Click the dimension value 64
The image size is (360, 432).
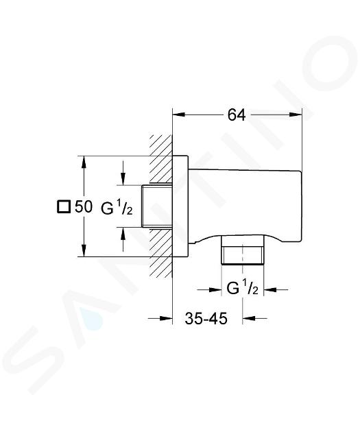click(237, 115)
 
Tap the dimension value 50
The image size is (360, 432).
click(83, 206)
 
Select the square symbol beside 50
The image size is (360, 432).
click(63, 206)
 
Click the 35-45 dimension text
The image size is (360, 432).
click(206, 318)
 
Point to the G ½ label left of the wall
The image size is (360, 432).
click(117, 208)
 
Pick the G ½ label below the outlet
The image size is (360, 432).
click(242, 289)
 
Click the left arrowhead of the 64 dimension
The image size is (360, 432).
click(178, 115)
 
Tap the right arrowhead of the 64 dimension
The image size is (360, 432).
click(296, 115)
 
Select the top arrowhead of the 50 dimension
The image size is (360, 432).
click(84, 162)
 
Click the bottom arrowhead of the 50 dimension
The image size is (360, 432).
click(84, 251)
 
